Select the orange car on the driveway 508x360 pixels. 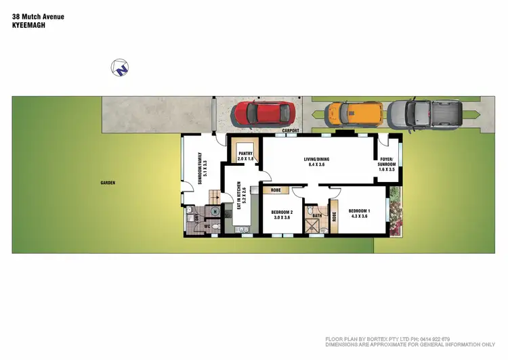pos(354,114)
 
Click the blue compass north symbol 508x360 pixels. pos(120,67)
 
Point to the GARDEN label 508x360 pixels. pos(108,183)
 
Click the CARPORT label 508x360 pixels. pos(291,131)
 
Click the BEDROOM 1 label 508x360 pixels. pos(358,213)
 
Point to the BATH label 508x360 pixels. pos(316,216)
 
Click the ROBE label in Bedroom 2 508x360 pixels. pos(276,191)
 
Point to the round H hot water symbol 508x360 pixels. pos(215,211)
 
